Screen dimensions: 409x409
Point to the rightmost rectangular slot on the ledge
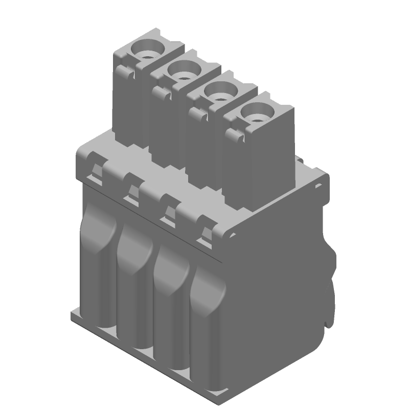(x=206, y=237)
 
